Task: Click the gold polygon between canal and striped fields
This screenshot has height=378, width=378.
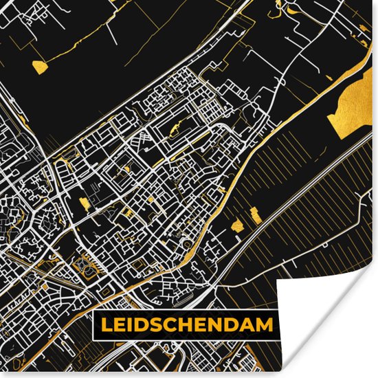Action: coord(238,225)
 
